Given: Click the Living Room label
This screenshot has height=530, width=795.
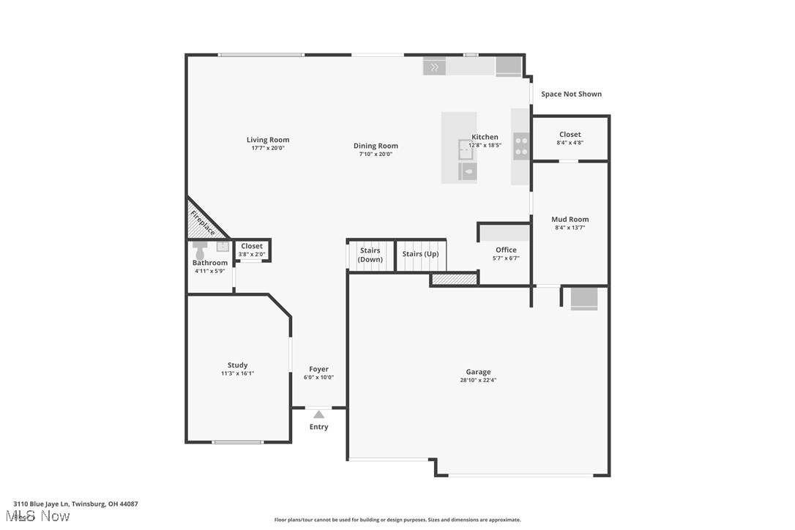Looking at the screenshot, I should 267,140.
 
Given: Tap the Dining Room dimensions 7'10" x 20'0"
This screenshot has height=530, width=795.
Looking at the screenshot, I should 376,154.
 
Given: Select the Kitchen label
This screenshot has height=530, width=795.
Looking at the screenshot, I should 485,137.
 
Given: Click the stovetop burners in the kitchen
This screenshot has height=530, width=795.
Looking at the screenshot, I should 520,146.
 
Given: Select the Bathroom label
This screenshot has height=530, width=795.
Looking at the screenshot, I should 210,263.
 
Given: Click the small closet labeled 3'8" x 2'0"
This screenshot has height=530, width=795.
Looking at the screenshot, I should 252,250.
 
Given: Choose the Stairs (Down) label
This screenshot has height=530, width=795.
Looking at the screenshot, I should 370,255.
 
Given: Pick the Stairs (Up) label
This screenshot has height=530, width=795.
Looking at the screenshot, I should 421,254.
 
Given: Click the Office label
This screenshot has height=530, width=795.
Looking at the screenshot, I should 506,250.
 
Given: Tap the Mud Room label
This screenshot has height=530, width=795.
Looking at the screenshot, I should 570,220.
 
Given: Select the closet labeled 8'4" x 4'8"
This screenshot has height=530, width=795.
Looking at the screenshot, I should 570,138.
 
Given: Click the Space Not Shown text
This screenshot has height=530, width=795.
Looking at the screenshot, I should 571,94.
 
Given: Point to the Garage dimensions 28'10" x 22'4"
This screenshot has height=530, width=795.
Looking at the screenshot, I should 479,381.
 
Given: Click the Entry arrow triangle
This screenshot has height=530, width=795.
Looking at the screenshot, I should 318,414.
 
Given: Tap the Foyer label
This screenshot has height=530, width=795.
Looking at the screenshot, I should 318,370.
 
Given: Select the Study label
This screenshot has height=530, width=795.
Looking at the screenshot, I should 237,365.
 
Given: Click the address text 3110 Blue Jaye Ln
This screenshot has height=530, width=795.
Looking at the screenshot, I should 75,504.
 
